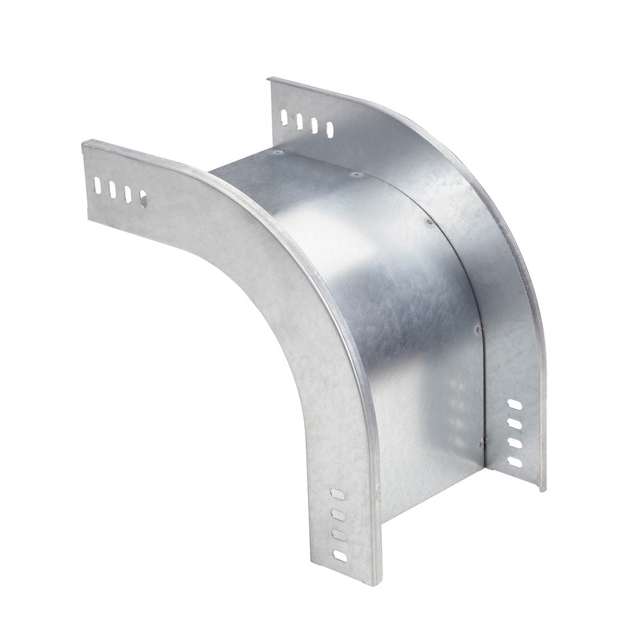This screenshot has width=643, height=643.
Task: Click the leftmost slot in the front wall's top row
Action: pos(96,186)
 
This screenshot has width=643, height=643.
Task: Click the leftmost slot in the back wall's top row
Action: pos(284,116)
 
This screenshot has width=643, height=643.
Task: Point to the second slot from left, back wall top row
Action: pos(299,120)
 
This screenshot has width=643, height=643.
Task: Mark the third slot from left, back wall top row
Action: pos(314,125)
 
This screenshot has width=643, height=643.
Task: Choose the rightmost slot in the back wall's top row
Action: pos(329,129)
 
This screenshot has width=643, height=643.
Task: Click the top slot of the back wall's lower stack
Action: pos(514,405)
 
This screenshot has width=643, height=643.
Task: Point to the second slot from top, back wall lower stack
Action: pos(514,424)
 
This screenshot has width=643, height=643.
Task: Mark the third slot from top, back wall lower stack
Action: pos(514,443)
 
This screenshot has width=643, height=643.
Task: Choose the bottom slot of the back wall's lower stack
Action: pos(514,462)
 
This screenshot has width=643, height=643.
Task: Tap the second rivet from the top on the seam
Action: pos(354,173)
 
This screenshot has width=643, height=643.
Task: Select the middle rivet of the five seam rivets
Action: pos(427,222)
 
